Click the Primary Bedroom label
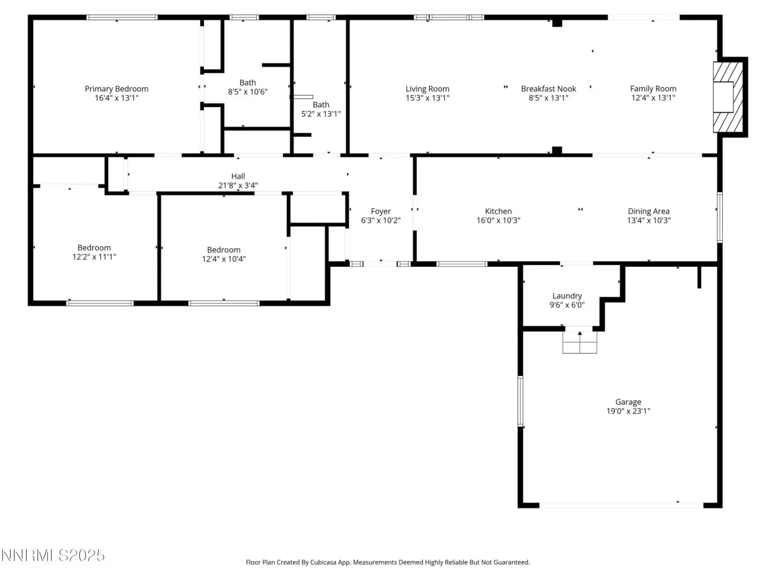116,89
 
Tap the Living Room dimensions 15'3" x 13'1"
427,98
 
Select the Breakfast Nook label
549,89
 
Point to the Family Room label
653,89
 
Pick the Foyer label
380,211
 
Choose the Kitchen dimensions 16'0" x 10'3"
498,221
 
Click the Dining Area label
648,211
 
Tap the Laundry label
566,296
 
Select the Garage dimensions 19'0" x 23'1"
628,411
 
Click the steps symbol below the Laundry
580,342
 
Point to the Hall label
238,176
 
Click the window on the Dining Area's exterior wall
719,217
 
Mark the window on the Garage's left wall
520,401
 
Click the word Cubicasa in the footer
323,562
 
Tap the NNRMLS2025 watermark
53,555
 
